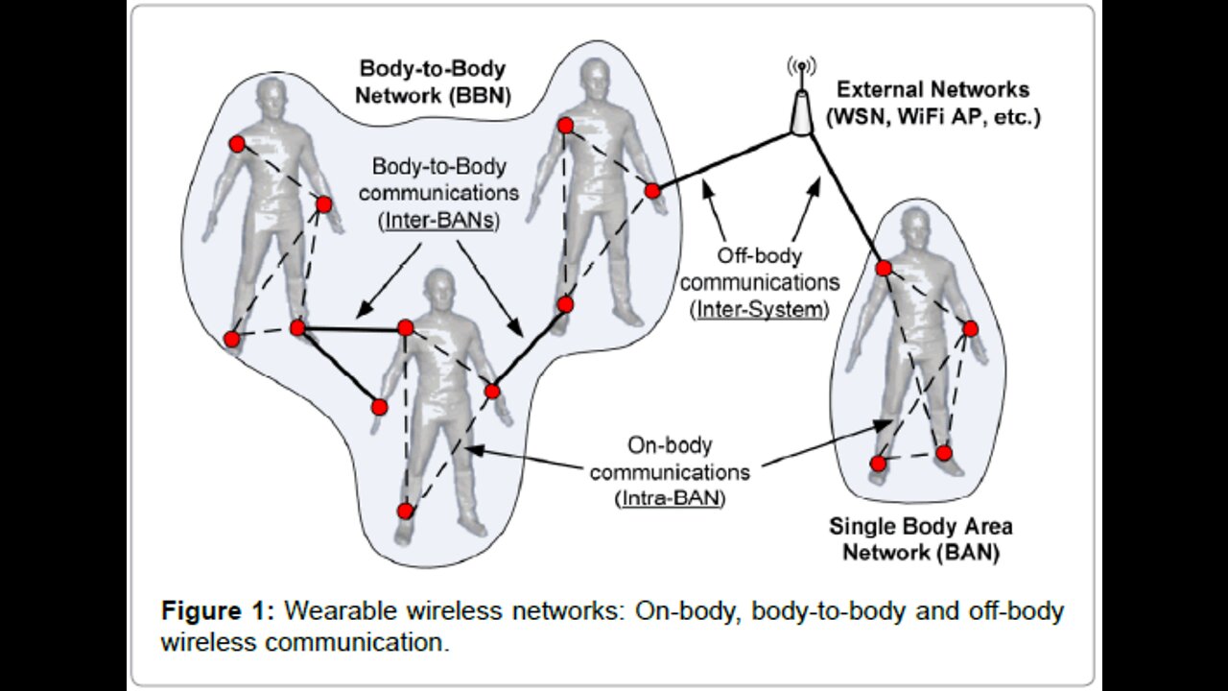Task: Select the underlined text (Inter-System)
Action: pos(759,309)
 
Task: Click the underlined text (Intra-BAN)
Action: pos(669,499)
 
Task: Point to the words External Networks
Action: pos(933,90)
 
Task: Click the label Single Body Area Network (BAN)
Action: pos(921,539)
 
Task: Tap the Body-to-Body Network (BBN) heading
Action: pos(434,83)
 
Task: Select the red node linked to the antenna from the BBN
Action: pos(652,191)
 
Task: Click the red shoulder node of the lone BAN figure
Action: pos(884,268)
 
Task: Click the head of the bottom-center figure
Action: pos(439,288)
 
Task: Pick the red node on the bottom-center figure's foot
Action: pos(405,511)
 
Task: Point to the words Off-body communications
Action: pos(759,271)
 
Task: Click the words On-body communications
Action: pos(669,459)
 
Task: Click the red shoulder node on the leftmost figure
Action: pos(237,144)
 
